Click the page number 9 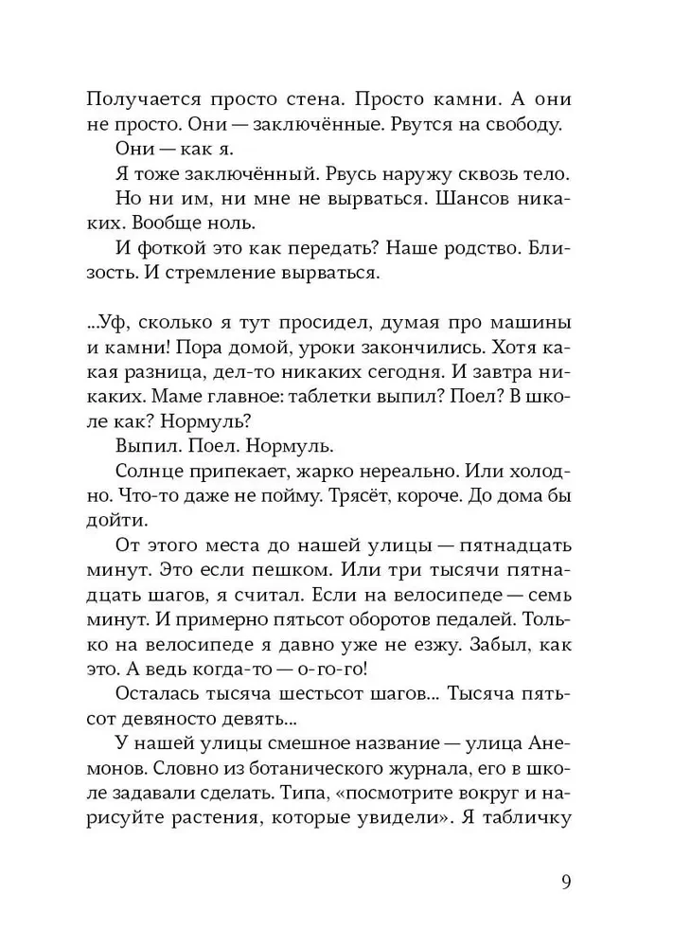pos(565,883)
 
